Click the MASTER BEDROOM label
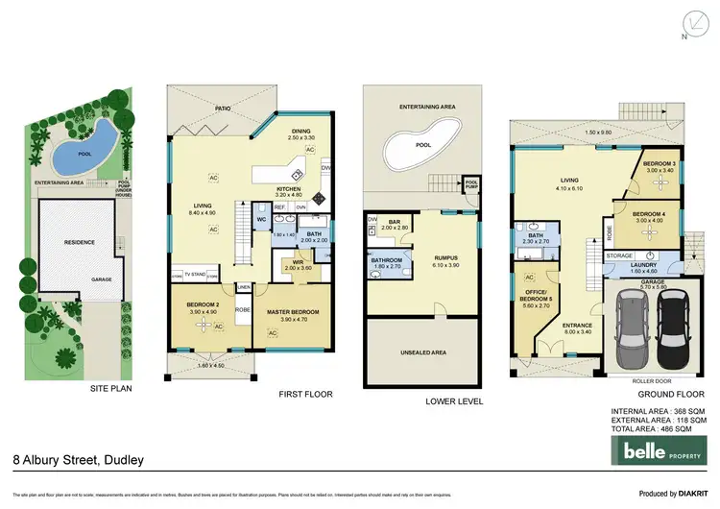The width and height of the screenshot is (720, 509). tap(293, 312)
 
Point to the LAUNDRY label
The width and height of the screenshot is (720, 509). tap(646, 267)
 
